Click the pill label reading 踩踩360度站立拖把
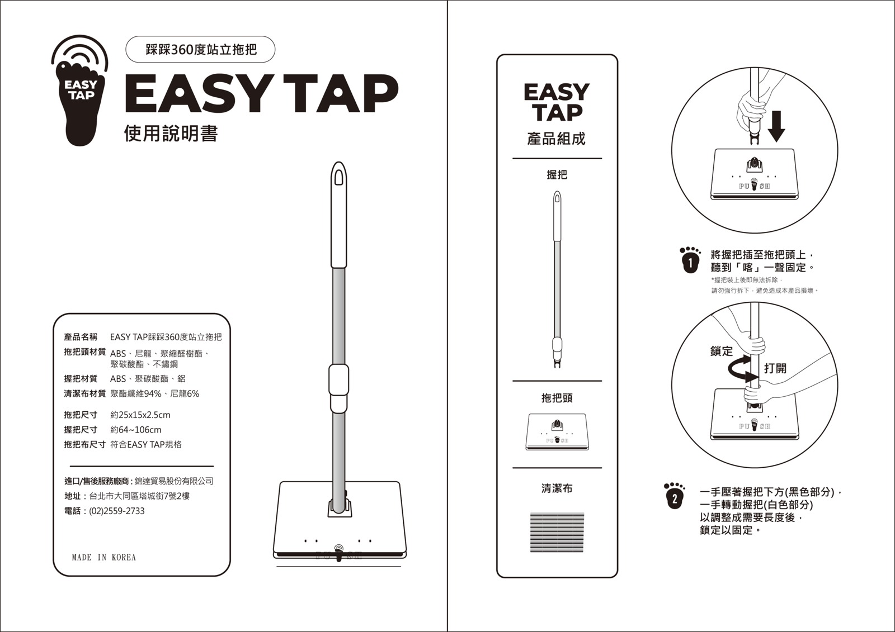click(x=200, y=50)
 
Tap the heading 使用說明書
click(x=171, y=134)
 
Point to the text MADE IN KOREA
click(x=104, y=557)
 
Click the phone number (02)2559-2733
click(x=117, y=511)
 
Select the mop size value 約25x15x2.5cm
click(x=140, y=415)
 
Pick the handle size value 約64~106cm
click(x=136, y=430)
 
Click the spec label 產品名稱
click(x=81, y=337)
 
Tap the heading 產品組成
click(x=556, y=139)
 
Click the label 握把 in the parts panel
click(x=557, y=174)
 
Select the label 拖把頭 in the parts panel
click(x=557, y=398)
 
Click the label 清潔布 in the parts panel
click(x=557, y=488)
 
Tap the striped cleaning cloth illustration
click(x=557, y=533)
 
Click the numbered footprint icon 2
click(x=674, y=496)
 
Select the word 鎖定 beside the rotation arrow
click(x=722, y=351)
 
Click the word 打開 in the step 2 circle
click(x=775, y=368)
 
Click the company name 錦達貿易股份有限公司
click(x=174, y=481)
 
